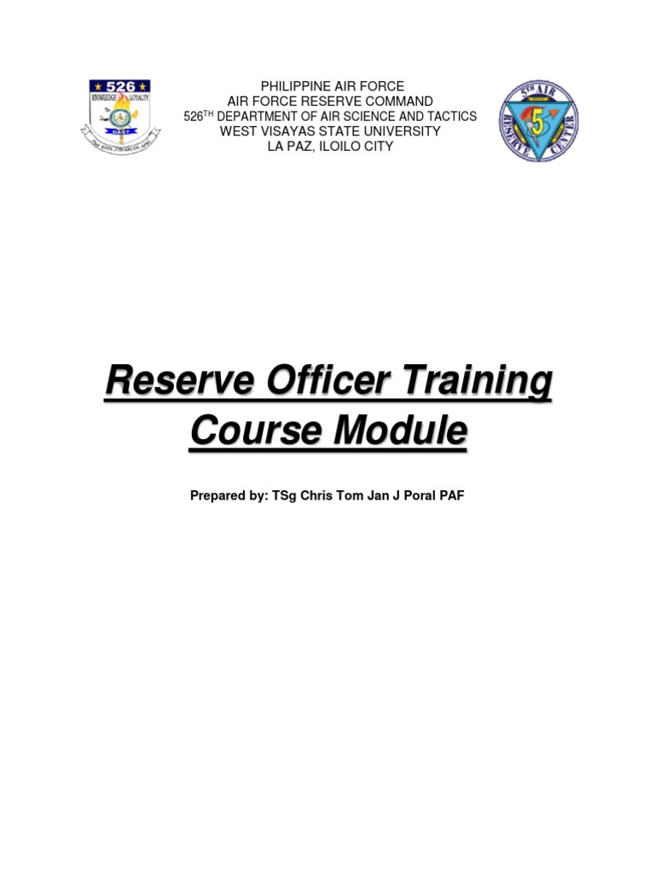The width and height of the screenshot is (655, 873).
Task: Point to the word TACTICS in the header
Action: pyautogui.click(x=453, y=117)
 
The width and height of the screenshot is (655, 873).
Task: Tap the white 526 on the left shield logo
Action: pyautogui.click(x=119, y=86)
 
